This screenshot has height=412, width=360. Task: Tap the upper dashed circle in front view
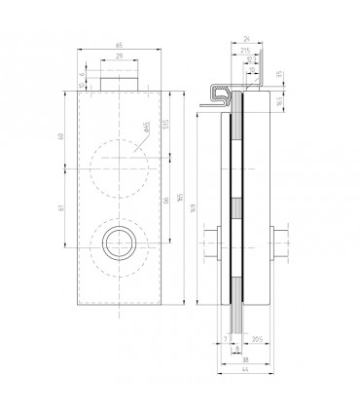point(118,157)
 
